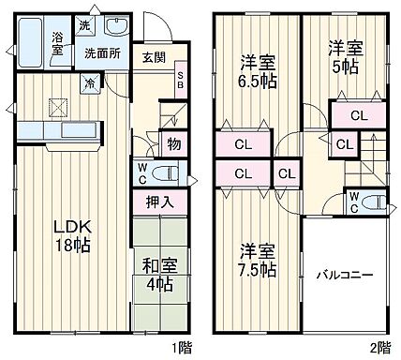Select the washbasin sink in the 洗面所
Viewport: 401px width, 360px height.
click(x=118, y=27)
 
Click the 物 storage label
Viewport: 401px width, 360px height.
click(x=173, y=144)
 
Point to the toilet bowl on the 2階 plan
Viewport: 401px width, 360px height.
click(x=372, y=201)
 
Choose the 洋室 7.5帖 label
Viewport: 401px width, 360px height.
click(x=256, y=260)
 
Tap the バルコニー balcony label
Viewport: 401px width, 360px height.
click(x=344, y=277)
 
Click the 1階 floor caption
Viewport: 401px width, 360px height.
click(x=181, y=347)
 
